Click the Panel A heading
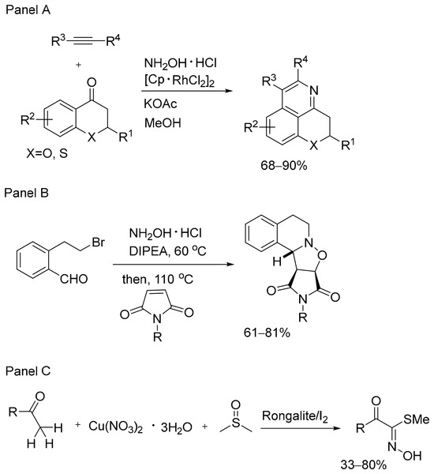(x=28, y=10)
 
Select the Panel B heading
(x=27, y=193)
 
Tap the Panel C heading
(x=28, y=371)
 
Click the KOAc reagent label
(x=160, y=103)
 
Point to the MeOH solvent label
(x=163, y=122)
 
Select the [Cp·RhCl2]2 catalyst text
(x=179, y=81)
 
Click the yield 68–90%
(x=284, y=165)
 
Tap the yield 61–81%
(x=267, y=333)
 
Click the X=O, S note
(x=47, y=153)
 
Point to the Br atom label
(x=98, y=243)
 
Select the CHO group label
(x=73, y=279)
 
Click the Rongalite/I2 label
(x=295, y=416)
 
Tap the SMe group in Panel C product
(x=416, y=419)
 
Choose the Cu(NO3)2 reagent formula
(x=115, y=427)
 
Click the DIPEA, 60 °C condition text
(x=167, y=250)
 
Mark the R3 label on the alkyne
(x=58, y=40)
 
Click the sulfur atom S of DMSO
(x=236, y=423)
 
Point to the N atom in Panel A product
(x=314, y=90)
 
